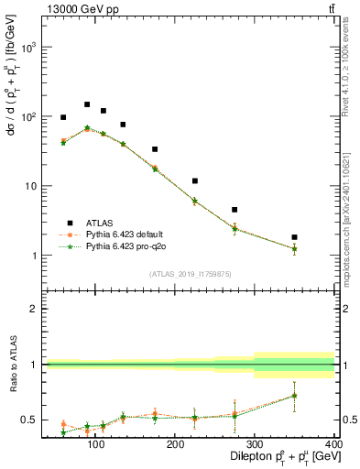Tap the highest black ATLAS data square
(x=87, y=104)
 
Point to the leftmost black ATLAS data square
(x=63, y=117)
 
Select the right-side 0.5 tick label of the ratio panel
(x=348, y=420)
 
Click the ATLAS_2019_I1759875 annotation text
(x=191, y=273)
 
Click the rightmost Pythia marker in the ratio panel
(x=294, y=396)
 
